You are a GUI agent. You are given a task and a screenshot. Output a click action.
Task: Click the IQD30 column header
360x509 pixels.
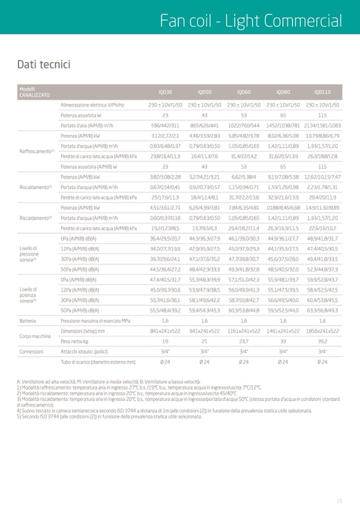(165, 92)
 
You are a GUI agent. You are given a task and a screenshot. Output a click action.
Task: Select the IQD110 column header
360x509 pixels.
(322, 92)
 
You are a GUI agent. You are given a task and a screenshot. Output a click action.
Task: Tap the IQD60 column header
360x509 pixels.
(244, 92)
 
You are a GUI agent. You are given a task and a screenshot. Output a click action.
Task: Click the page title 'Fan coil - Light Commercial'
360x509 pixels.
(251, 21)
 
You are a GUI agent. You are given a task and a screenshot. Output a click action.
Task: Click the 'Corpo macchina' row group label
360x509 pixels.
(36, 336)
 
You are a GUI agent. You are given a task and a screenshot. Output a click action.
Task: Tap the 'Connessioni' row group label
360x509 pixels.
(32, 351)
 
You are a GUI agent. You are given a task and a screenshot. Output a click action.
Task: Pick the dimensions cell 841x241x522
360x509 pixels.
(165, 331)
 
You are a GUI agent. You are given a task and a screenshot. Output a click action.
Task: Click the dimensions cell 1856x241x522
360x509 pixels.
(322, 331)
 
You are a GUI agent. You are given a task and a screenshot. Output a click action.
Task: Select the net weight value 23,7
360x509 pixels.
(244, 341)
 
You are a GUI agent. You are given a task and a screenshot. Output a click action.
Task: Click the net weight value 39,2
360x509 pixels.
(322, 341)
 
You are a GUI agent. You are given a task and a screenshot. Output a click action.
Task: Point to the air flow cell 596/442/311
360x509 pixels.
(165, 125)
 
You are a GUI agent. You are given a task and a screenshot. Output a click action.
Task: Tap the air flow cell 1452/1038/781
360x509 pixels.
(283, 125)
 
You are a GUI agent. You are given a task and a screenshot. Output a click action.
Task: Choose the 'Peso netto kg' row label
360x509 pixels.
(74, 341)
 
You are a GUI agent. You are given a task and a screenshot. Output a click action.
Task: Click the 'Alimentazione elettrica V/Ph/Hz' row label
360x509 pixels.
(92, 105)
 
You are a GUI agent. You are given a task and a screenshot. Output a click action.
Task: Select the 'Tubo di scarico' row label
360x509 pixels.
(98, 361)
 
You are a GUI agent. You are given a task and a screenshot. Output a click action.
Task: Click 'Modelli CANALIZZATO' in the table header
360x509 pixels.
(35, 92)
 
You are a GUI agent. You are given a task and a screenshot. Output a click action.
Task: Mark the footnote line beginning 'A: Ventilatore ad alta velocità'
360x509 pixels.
(109, 382)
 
